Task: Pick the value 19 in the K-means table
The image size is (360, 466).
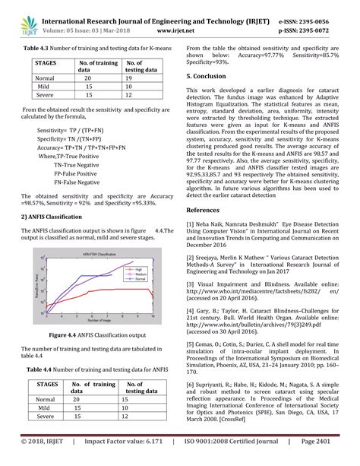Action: tap(129, 78)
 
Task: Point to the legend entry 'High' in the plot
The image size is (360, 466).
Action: tap(137, 269)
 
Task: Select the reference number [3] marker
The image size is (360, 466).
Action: tap(190, 282)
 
